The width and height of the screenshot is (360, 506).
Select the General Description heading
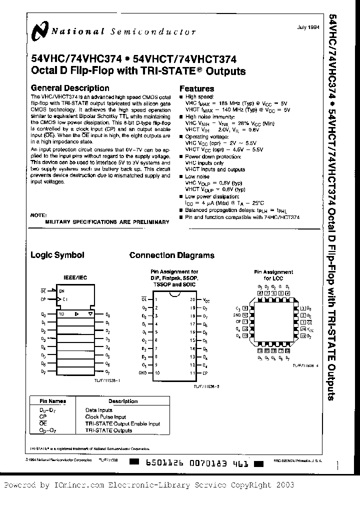70,88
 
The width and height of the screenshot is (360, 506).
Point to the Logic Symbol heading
57,255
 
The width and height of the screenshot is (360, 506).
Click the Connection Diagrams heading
171,255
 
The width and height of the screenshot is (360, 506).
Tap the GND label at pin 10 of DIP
143,373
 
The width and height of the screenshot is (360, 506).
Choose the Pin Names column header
53,401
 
